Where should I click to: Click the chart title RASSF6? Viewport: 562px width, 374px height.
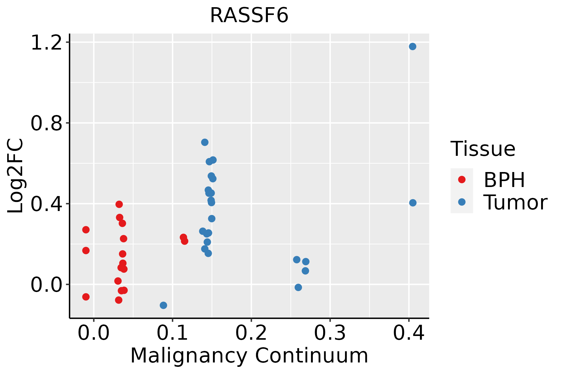249,15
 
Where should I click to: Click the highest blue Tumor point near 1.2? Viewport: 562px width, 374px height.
412,46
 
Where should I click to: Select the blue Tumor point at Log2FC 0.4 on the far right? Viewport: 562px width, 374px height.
413,203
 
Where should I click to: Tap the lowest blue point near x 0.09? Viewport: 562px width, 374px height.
163,305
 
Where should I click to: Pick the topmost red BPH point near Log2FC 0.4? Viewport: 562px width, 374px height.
119,204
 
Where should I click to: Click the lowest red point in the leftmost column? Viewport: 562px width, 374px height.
86,297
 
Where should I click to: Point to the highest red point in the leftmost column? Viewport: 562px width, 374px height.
86,230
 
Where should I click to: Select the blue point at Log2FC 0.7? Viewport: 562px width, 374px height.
205,142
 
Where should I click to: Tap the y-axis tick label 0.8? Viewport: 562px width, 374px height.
46,123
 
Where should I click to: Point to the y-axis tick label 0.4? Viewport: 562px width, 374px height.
46,204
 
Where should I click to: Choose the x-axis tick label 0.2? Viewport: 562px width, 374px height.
251,333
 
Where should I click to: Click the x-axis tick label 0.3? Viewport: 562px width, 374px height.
330,333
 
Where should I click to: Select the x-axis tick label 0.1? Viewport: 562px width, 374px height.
172,333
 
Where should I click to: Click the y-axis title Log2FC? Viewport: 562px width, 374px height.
15,176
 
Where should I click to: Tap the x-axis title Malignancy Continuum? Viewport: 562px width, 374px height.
249,356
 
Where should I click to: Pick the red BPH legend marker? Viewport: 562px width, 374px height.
462,180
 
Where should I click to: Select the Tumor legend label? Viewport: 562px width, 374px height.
515,202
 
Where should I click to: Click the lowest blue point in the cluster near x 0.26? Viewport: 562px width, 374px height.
298,287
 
